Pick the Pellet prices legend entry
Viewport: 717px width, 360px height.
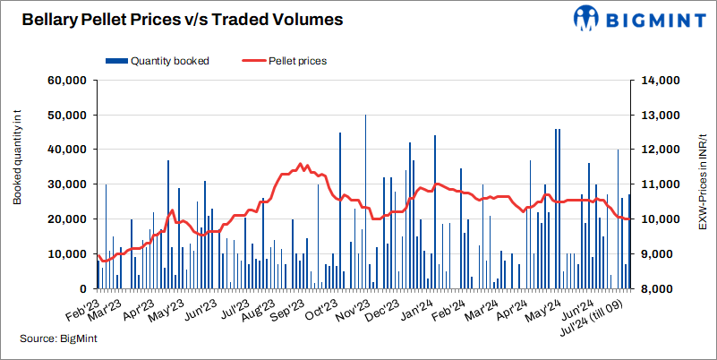click(285, 61)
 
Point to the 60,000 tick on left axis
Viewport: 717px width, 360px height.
click(64, 81)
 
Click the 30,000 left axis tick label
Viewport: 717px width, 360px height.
click(64, 184)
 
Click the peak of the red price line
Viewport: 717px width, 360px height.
click(301, 164)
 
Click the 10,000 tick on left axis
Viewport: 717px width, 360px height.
click(64, 253)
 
